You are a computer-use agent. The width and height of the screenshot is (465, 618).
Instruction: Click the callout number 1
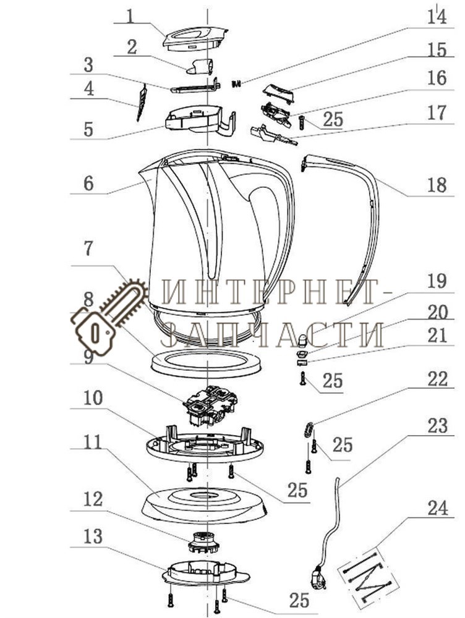130,15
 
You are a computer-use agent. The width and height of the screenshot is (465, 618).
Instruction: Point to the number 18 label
437,184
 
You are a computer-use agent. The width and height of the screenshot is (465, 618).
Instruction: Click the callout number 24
437,508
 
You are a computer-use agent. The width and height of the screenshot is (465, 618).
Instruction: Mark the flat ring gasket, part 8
205,361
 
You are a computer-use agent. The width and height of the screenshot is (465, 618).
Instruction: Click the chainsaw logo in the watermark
108,315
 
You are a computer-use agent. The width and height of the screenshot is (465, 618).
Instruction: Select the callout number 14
437,17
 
